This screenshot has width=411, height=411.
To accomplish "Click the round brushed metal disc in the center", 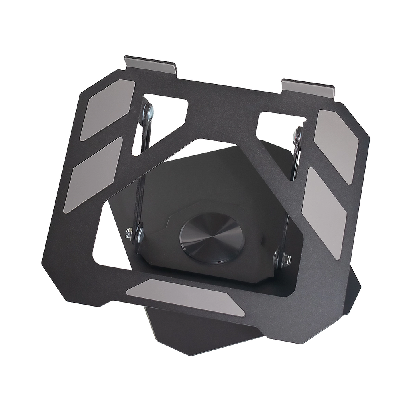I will point(212,238).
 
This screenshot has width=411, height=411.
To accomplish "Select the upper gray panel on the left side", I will point(108,110).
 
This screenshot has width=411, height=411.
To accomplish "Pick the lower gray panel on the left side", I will point(93,175).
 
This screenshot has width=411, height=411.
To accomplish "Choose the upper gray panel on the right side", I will point(336,146).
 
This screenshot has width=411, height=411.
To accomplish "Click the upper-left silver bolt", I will point(149,111).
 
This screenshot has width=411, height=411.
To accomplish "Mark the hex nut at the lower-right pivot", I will point(286,260).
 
